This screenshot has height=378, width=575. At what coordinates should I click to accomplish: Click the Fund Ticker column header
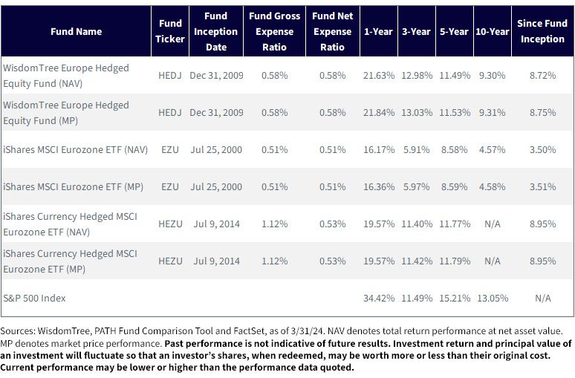click(170, 31)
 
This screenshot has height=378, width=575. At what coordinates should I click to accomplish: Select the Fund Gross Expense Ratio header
click(274, 31)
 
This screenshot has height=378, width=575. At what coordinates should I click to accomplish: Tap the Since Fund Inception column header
click(542, 31)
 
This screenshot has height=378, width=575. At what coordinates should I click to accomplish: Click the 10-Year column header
click(492, 31)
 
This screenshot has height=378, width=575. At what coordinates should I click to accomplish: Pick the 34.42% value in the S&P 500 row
click(379, 298)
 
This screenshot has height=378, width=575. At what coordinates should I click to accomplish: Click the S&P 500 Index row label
click(34, 298)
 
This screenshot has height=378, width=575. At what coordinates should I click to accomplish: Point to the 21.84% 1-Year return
click(379, 113)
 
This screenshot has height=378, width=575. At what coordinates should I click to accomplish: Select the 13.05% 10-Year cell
click(493, 298)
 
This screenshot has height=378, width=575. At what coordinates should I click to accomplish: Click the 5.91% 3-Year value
click(417, 149)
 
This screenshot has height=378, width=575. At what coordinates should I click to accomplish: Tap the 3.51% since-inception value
click(542, 186)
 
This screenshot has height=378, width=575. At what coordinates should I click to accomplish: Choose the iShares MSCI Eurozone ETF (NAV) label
click(76, 149)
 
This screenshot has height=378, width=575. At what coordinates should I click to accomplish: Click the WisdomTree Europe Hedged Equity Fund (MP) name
click(66, 113)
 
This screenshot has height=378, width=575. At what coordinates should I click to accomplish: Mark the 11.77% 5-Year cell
click(455, 224)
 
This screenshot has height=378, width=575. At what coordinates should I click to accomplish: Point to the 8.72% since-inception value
click(542, 76)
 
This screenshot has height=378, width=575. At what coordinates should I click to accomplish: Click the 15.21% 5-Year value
click(455, 298)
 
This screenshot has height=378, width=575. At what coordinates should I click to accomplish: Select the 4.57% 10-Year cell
click(492, 149)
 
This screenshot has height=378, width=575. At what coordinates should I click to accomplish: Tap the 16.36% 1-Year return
click(379, 186)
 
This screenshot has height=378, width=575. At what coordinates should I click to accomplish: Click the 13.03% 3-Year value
click(417, 113)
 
